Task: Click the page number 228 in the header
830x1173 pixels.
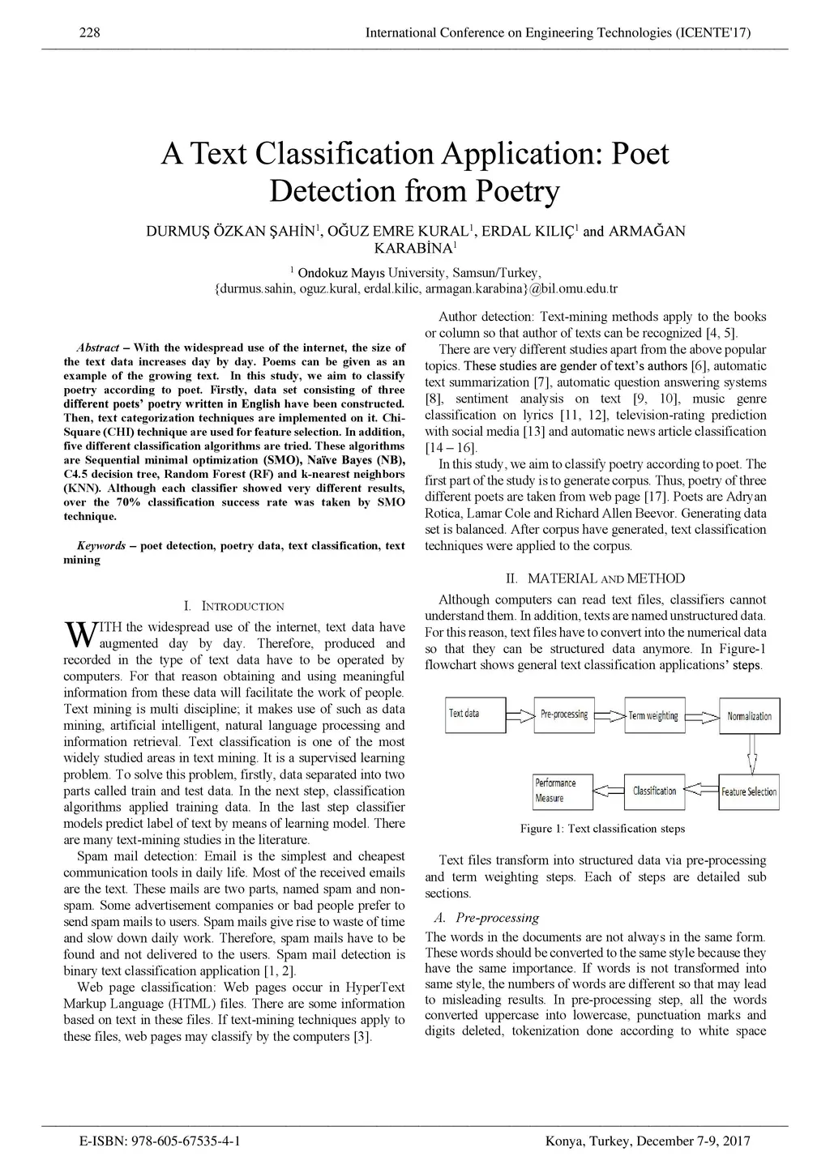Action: [x=89, y=33]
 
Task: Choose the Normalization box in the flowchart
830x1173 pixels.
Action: [x=750, y=715]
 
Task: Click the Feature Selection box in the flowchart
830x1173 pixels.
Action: [x=749, y=791]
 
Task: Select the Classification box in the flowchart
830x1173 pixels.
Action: [x=654, y=791]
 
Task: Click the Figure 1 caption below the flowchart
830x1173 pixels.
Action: [x=602, y=829]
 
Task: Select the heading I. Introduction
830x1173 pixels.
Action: [x=234, y=606]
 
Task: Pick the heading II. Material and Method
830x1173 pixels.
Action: [x=595, y=578]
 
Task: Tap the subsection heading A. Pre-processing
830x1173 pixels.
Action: [x=486, y=918]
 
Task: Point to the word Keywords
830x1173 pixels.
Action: [x=101, y=546]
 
